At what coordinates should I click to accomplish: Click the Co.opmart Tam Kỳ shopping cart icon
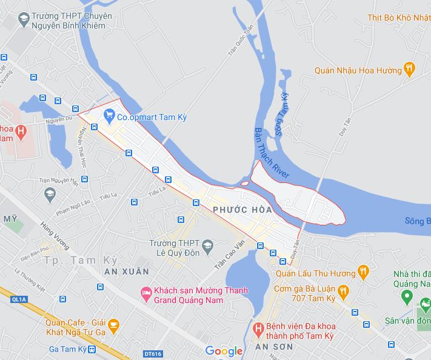110,114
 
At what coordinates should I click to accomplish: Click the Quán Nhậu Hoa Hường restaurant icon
410,69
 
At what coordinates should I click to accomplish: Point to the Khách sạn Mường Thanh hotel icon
145,293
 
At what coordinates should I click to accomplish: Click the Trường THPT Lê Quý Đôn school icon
208,245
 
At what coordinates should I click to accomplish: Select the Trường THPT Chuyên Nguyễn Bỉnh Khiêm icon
24,19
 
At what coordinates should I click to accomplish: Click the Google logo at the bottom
224,351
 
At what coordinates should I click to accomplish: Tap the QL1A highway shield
19,299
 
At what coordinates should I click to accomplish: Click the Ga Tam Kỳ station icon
92,349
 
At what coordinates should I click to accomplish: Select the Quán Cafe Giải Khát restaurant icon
113,326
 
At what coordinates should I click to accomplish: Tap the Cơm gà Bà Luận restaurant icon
344,292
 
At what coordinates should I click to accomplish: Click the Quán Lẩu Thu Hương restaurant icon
363,271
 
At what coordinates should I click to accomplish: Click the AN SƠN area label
274,347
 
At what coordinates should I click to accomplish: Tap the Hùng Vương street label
55,235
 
